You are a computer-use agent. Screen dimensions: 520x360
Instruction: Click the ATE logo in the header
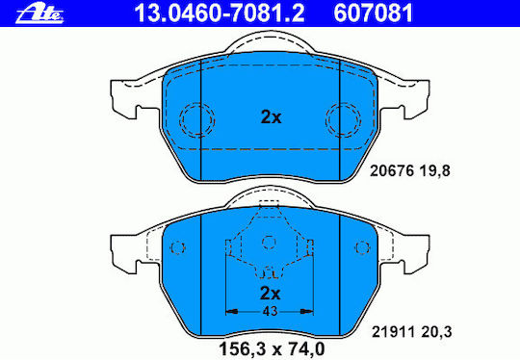click(39, 14)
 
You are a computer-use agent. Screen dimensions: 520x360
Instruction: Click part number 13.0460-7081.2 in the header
click(220, 13)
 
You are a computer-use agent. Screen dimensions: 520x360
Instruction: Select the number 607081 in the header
click(374, 13)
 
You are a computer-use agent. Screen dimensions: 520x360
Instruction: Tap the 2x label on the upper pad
click(271, 117)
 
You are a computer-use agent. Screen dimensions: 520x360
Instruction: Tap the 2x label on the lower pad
click(271, 293)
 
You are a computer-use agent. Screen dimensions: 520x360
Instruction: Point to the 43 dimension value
click(270, 311)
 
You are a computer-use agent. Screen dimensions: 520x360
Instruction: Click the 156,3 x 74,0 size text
click(272, 348)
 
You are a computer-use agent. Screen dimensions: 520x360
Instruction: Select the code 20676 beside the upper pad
click(392, 171)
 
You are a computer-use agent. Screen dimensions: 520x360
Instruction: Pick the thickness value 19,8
click(435, 171)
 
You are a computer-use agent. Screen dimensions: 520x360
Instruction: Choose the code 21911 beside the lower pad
click(393, 332)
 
